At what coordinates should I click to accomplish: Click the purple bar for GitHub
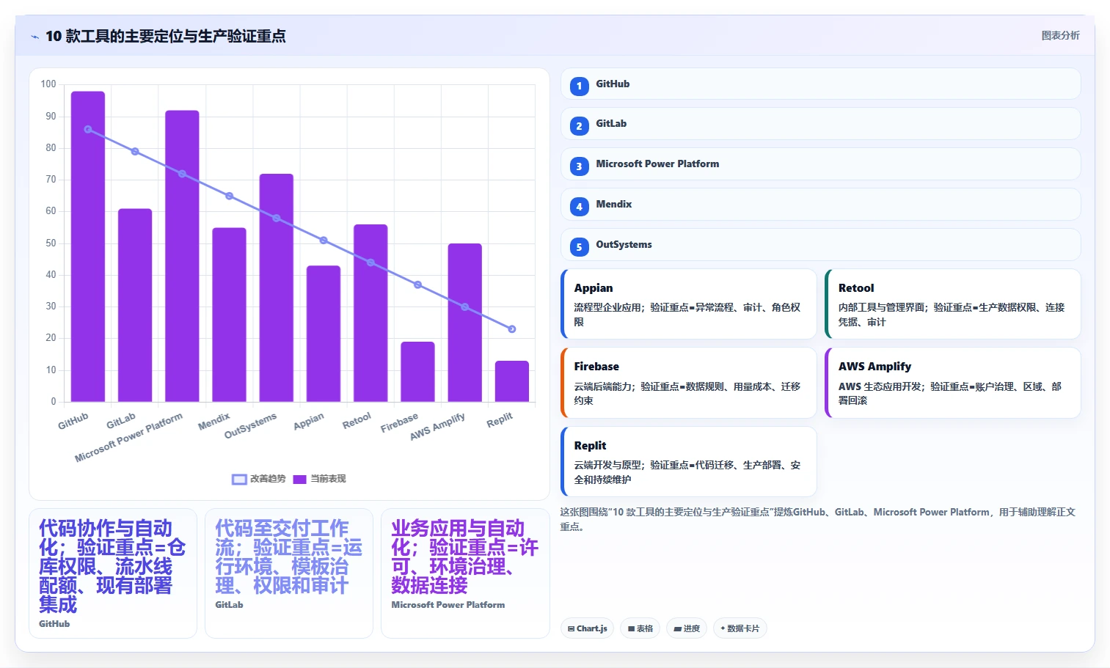[x=88, y=246]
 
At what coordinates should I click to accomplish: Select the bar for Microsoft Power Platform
[x=182, y=255]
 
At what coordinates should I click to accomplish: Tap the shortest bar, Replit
[x=512, y=381]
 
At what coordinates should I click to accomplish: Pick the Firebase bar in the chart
[x=417, y=371]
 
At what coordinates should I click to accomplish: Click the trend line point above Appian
[x=324, y=241]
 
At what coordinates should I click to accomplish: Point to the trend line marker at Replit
[x=512, y=329]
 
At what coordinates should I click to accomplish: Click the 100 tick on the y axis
[x=48, y=84]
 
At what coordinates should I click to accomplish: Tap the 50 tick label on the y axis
[x=51, y=243]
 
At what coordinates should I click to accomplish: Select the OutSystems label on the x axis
[x=251, y=425]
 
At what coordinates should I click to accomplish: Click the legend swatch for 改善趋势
[x=239, y=480]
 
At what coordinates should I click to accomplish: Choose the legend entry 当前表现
[x=320, y=479]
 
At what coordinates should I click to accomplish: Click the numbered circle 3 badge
[x=580, y=166]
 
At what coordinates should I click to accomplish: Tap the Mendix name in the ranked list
[x=613, y=204]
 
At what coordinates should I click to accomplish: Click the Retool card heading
[x=855, y=287]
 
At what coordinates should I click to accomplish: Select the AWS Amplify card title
[x=875, y=367]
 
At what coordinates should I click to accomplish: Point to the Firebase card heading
[x=596, y=367]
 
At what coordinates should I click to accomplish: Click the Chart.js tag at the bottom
[x=587, y=628]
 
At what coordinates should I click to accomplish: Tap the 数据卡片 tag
[x=740, y=628]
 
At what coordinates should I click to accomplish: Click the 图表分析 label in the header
[x=1060, y=36]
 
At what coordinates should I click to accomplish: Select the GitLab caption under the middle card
[x=229, y=605]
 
